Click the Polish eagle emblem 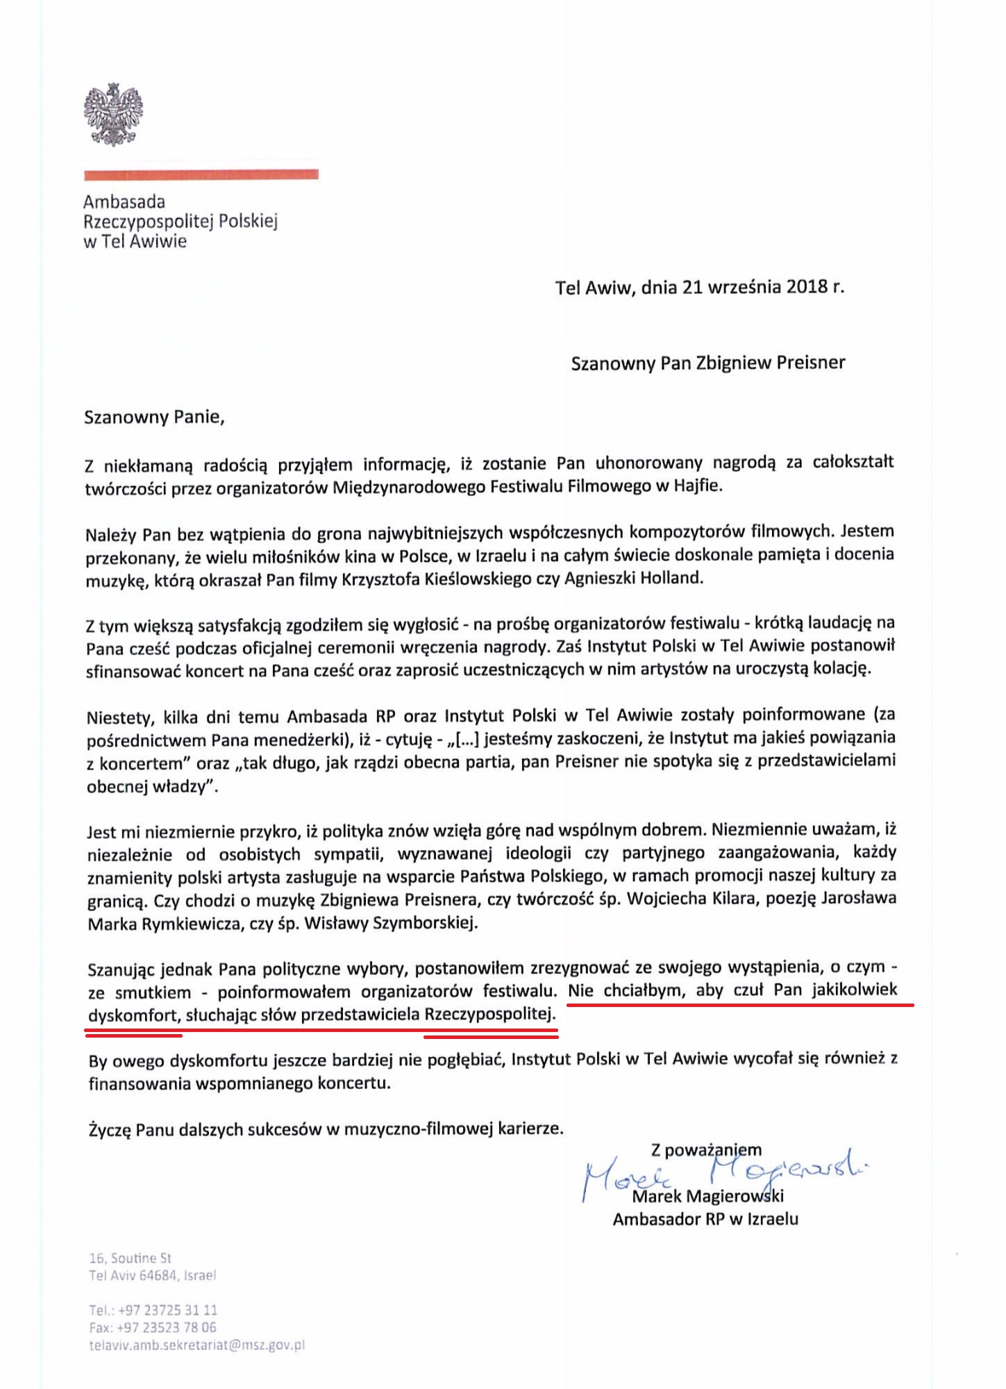(113, 115)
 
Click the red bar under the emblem (201, 174)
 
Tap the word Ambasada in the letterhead (124, 202)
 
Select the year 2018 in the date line (807, 287)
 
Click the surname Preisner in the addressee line (808, 363)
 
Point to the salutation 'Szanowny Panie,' (154, 417)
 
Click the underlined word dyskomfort (132, 1015)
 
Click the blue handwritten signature (722, 1173)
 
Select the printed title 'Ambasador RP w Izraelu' (705, 1219)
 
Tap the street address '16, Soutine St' (130, 1258)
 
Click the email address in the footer (196, 1345)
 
